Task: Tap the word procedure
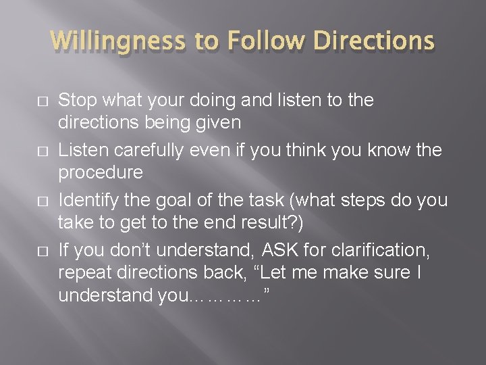pyautogui.click(x=101, y=173)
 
